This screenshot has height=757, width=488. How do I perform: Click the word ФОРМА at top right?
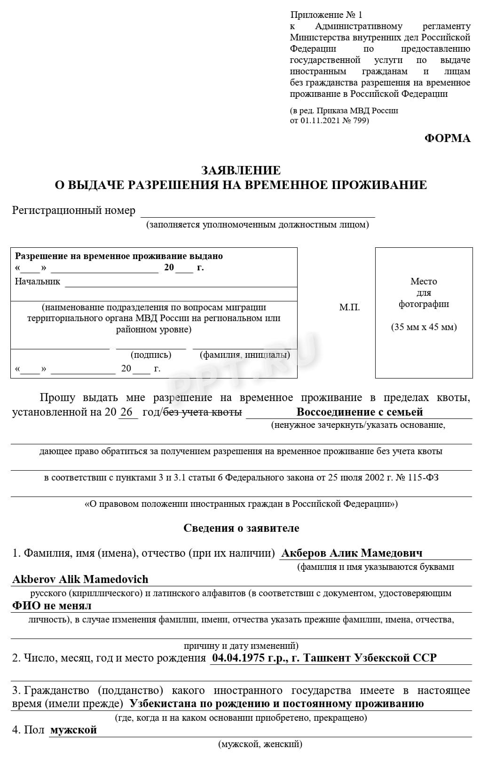click(447, 138)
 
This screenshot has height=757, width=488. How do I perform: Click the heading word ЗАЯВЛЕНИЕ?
click(241, 170)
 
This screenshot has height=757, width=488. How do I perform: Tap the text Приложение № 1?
click(326, 15)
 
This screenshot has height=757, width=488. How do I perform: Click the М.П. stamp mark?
click(349, 307)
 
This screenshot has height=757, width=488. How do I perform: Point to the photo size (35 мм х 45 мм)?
click(424, 327)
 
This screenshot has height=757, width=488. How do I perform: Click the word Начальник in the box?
click(38, 281)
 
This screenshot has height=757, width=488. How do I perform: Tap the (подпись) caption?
click(151, 355)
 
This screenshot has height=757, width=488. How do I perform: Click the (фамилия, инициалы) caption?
click(244, 355)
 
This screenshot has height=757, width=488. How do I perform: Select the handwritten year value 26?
click(126, 412)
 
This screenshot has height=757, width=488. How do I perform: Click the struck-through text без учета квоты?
click(203, 412)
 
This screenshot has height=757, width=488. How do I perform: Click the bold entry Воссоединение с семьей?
click(359, 412)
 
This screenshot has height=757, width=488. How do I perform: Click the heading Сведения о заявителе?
click(241, 528)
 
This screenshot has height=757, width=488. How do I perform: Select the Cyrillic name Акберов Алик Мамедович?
click(351, 553)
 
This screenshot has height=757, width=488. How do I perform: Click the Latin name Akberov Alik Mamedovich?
click(80, 579)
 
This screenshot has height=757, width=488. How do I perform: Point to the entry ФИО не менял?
click(52, 605)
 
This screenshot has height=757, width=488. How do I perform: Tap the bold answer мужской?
click(73, 729)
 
